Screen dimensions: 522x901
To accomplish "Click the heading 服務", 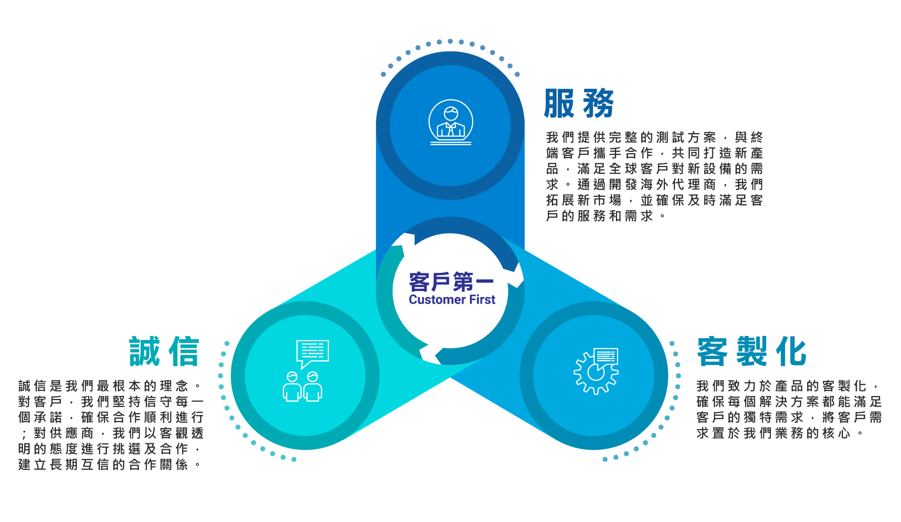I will [579, 103].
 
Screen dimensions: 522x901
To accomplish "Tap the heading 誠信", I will [164, 352].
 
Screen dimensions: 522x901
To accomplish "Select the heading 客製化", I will [752, 352].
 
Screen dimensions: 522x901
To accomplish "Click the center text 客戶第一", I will [451, 281].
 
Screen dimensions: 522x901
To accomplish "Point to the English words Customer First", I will [452, 300].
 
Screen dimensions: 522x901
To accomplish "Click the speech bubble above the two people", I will [312, 352].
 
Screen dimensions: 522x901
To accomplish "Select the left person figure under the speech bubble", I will [292, 387].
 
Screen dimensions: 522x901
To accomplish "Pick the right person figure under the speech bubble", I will [313, 387].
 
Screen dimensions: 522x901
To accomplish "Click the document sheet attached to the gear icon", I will [606, 357].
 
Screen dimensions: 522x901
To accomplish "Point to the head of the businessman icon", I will [450, 113].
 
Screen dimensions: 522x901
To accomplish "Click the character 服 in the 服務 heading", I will [559, 103].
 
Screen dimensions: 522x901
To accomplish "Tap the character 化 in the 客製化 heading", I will [791, 352].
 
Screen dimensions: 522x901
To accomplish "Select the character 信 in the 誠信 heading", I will [184, 352].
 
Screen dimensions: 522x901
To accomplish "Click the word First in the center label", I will [482, 300].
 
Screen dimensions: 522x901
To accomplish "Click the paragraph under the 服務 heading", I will [654, 177].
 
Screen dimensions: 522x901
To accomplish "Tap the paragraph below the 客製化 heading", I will [789, 410].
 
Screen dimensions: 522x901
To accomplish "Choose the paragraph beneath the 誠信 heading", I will [111, 425].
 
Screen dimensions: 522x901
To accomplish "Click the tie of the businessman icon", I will [450, 130].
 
